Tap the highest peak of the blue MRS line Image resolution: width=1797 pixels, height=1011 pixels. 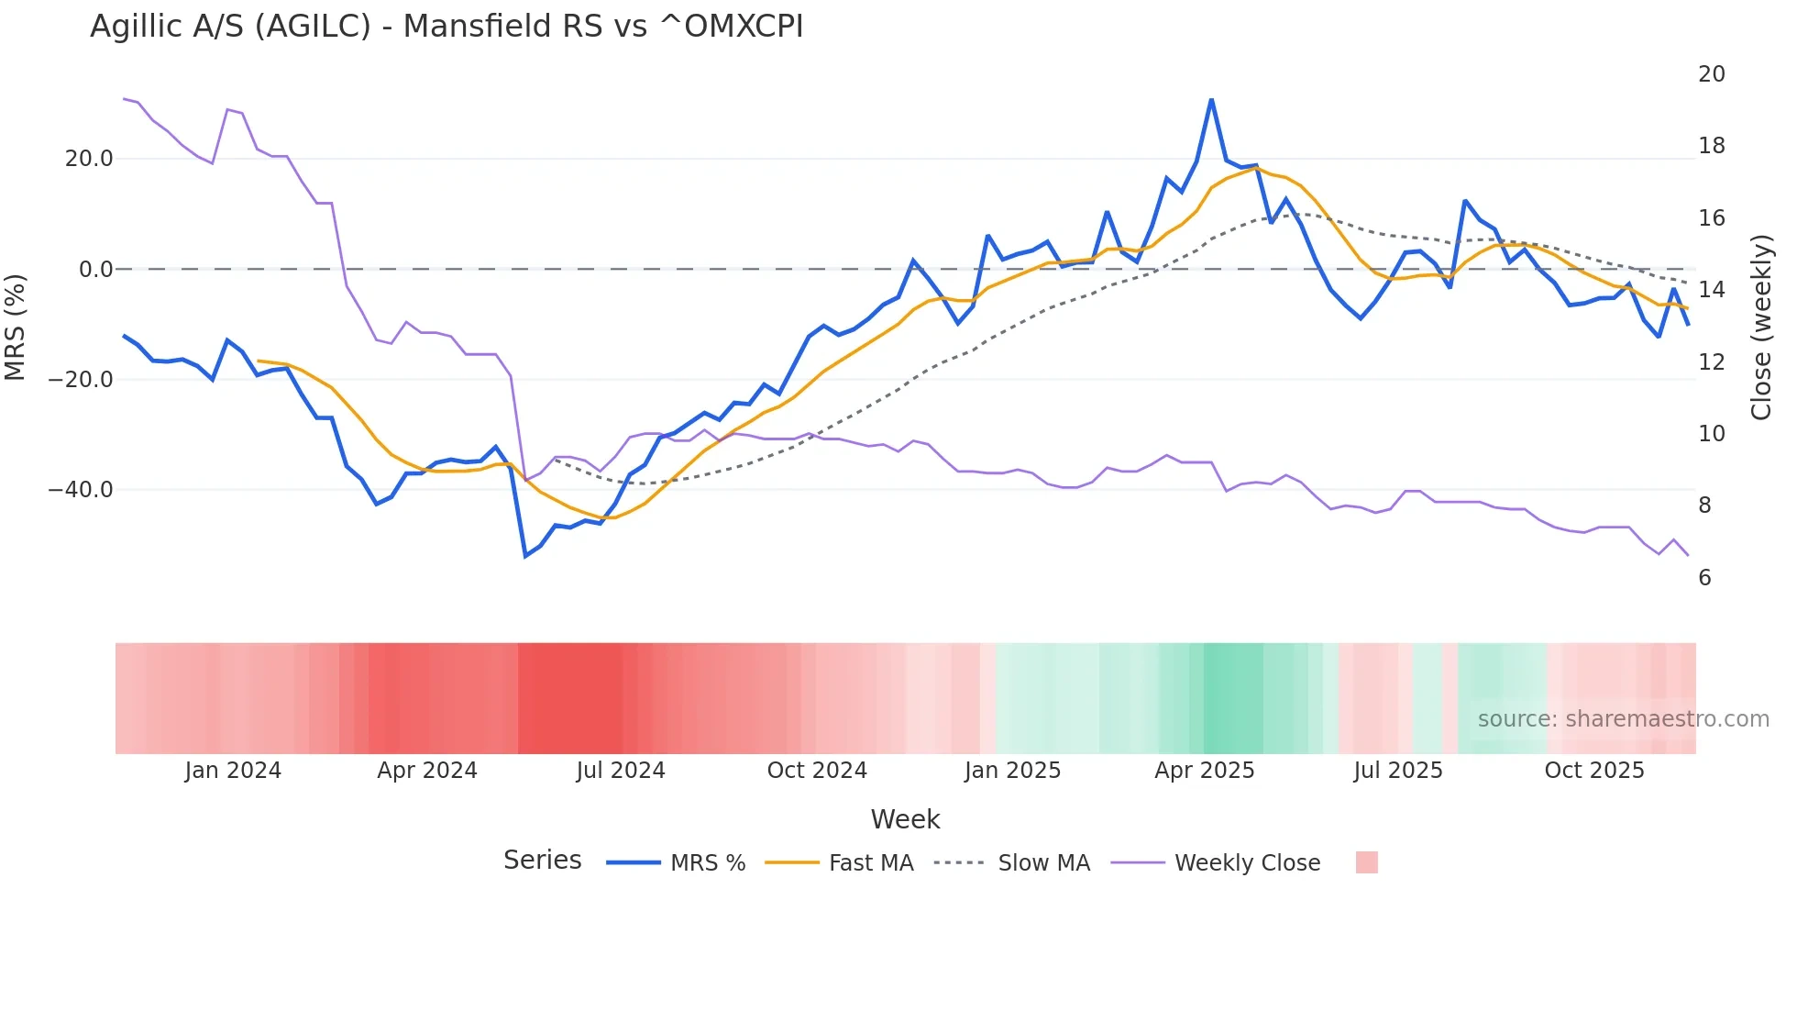(x=1211, y=100)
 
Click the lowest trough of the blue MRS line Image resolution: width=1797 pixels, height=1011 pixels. (x=525, y=556)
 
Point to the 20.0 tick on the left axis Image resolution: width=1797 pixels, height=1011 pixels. (x=89, y=159)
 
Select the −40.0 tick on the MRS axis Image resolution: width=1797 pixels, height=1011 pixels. (x=82, y=490)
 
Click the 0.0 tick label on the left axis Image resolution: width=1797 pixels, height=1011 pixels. (x=95, y=270)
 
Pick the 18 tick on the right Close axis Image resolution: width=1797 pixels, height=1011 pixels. (x=1711, y=146)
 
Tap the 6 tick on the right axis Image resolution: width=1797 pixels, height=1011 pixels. (x=1704, y=578)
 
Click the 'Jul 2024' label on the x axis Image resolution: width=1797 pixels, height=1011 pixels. (x=621, y=771)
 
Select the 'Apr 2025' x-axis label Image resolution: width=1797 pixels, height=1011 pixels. (x=1204, y=771)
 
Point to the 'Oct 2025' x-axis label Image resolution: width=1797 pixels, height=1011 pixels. (x=1593, y=771)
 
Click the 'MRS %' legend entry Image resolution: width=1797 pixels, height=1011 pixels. (x=707, y=863)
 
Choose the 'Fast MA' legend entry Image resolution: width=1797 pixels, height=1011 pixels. (x=870, y=863)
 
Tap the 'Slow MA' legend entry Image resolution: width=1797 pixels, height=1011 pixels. (x=1043, y=863)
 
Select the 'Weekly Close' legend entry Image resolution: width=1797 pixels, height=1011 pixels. (x=1247, y=863)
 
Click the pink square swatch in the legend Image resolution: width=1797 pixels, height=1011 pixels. (x=1366, y=862)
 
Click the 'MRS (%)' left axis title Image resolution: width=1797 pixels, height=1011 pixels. (x=16, y=327)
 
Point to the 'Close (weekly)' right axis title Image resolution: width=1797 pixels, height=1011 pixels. (x=1761, y=328)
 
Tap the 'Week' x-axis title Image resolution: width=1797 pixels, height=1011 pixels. (x=905, y=819)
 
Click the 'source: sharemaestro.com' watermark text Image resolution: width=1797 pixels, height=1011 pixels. (x=1623, y=719)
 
